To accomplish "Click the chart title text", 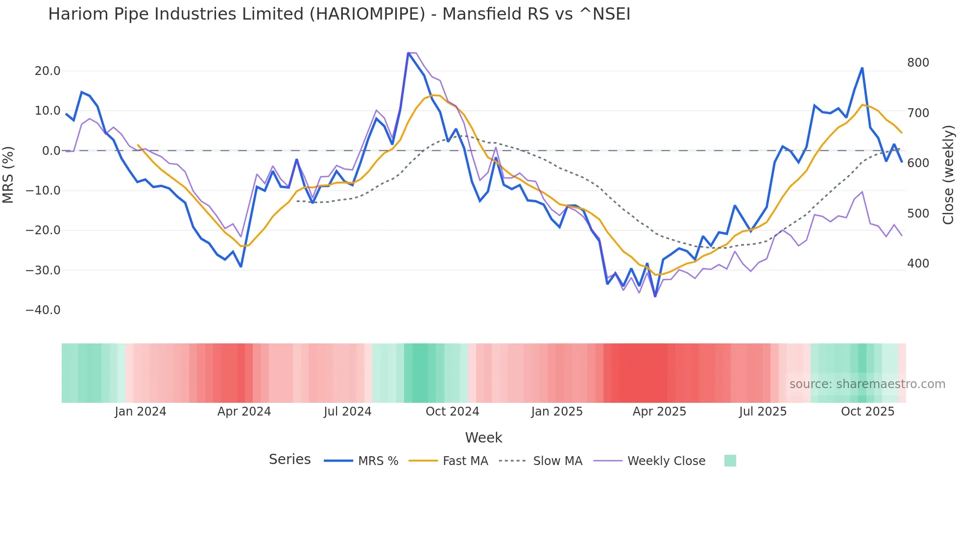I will (x=339, y=14).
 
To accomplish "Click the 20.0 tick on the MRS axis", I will (x=48, y=71).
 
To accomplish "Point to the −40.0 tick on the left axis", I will (x=43, y=310).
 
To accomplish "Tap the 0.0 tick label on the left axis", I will (x=51, y=151).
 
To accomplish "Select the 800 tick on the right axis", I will (x=918, y=63).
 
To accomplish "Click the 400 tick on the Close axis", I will (x=918, y=264).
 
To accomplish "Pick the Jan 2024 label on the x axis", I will (x=141, y=412).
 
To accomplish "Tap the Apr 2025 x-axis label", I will (x=659, y=412).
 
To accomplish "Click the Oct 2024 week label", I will (x=452, y=412).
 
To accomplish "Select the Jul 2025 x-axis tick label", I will (x=763, y=412).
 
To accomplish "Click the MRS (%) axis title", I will (x=8, y=174).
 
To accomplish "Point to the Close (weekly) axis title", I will (x=948, y=174).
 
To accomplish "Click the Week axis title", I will (x=483, y=438).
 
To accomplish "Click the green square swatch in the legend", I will (x=730, y=461).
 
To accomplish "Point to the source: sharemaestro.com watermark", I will (x=867, y=384).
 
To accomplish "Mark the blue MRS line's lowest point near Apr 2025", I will (x=655, y=296).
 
